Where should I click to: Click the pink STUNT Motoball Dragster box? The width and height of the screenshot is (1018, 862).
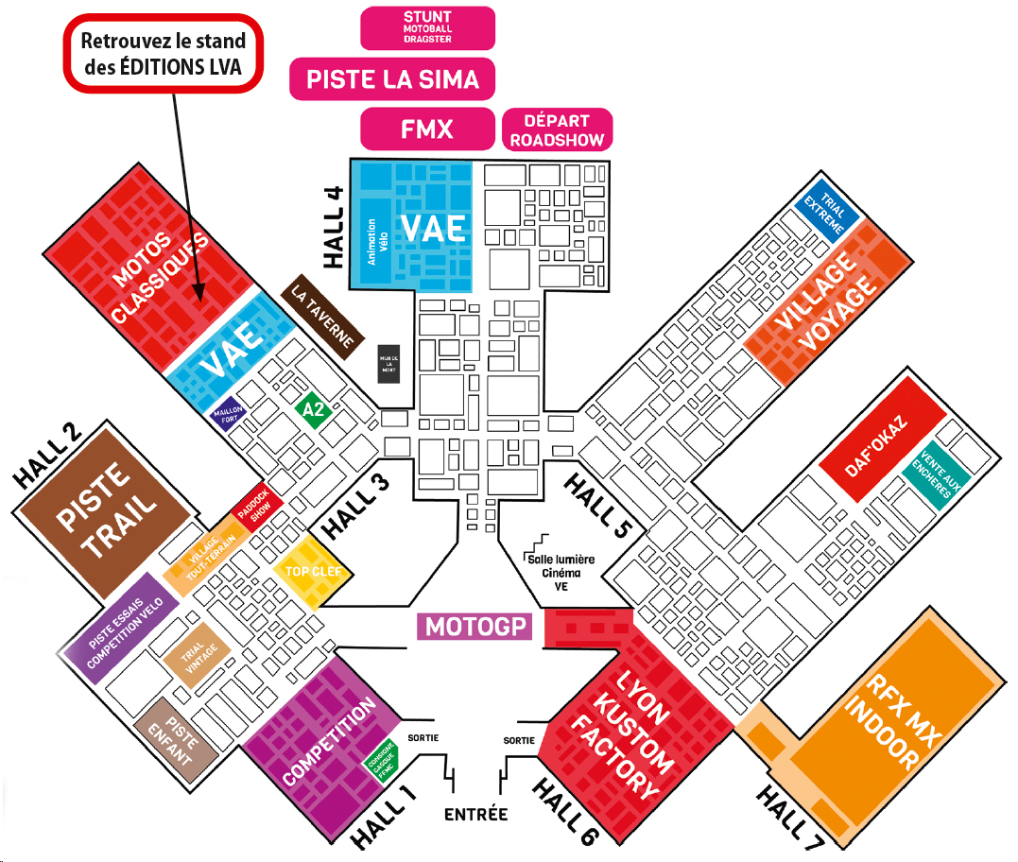[x=427, y=27]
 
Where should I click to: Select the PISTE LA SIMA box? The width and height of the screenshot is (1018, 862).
[x=392, y=78]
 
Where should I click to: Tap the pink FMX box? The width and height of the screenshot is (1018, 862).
[x=427, y=129]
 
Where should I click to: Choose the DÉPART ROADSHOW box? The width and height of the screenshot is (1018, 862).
[x=557, y=129]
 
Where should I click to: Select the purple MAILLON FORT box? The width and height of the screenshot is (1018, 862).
[x=225, y=416]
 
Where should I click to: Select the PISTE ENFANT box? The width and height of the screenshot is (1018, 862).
[x=171, y=743]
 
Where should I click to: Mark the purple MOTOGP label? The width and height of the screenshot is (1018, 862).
[x=475, y=627]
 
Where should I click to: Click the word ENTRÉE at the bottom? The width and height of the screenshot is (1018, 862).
[x=475, y=814]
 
